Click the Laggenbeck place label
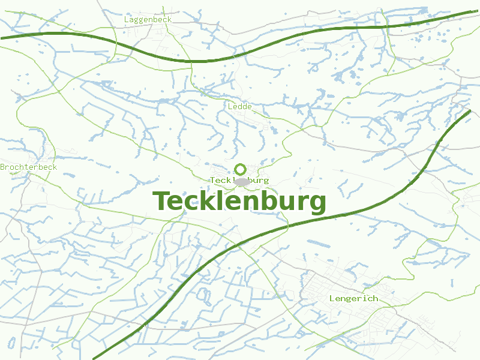coord(148,19)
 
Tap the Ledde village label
coord(240,106)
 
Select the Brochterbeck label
coord(29,167)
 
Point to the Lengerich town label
coord(353,298)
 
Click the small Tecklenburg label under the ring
coord(239,180)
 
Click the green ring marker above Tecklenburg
coord(240,169)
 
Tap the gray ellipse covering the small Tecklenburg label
coord(242,181)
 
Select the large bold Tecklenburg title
coord(239,202)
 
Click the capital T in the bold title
coord(161,202)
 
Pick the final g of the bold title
coord(317,204)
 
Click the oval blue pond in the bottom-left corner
coord(11,343)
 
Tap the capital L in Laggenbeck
coord(127,19)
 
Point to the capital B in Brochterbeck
coord(2,167)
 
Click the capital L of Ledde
coord(230,106)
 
